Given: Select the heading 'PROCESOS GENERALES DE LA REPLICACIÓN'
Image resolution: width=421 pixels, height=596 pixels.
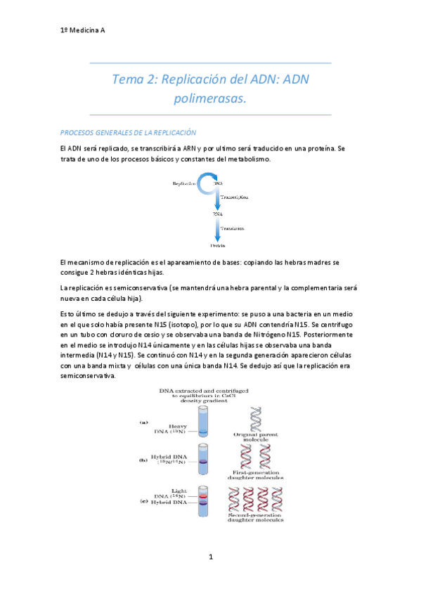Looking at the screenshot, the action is [128, 133].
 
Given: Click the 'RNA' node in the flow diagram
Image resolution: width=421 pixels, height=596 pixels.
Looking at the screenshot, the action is [218, 213].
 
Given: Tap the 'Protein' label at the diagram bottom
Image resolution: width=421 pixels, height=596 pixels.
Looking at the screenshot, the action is [218, 246].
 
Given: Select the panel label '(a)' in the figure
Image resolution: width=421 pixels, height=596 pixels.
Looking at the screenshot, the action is [143, 422].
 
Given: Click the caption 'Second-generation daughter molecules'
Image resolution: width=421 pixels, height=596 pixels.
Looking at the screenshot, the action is [258, 519].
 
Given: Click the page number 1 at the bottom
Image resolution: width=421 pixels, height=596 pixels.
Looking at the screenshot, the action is [210, 557].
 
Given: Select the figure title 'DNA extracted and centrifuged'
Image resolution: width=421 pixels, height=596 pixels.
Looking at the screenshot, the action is [204, 390].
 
